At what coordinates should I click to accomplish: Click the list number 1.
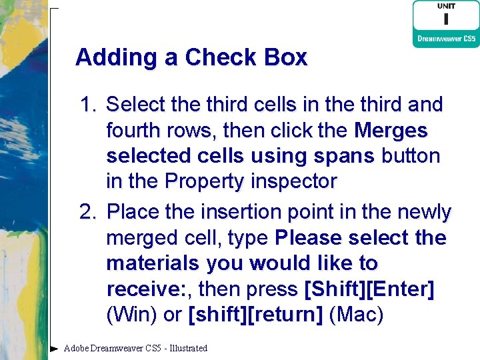(x=88, y=105)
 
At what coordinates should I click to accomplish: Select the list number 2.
(x=88, y=213)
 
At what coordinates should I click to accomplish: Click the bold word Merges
(x=391, y=130)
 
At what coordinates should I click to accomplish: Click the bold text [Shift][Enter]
(x=369, y=289)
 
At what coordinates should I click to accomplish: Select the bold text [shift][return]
(x=257, y=315)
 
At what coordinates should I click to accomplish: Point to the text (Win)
(x=133, y=315)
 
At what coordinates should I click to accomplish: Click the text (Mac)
(x=357, y=315)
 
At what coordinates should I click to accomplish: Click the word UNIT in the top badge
(x=446, y=6)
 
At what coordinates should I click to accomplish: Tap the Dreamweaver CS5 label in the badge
(x=446, y=39)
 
